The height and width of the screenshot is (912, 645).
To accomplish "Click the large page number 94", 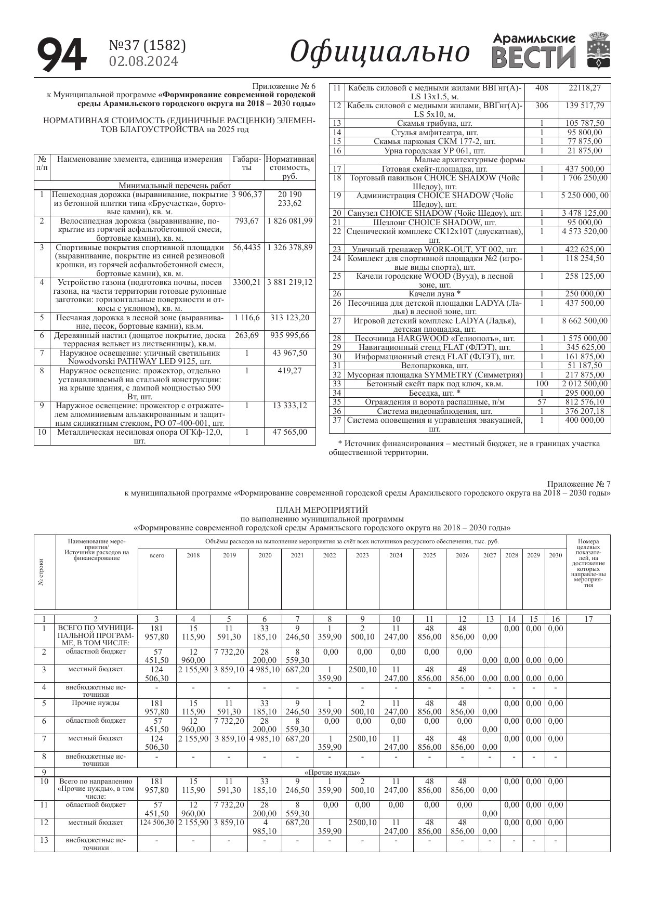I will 62,55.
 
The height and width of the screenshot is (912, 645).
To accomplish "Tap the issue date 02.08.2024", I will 143,62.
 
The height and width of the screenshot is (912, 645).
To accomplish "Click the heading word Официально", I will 379,52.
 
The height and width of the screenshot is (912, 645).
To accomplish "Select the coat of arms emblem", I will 597,50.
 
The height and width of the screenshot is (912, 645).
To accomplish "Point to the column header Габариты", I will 247,164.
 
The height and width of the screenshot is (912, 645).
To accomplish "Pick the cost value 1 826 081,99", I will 290,220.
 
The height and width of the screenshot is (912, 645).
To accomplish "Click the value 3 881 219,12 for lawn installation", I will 290,282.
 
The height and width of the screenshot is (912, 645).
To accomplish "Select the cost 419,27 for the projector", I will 290,371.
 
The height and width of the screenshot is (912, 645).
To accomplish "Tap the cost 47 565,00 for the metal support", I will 290,432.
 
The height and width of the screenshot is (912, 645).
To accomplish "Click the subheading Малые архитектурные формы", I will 470,160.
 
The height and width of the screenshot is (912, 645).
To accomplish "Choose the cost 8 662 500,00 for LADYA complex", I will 585,321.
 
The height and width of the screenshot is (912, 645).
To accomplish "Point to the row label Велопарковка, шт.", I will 435,366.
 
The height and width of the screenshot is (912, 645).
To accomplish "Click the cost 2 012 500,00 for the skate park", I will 585,384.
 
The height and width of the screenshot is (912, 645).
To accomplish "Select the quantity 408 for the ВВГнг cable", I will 542,88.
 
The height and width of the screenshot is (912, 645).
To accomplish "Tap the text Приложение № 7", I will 578,484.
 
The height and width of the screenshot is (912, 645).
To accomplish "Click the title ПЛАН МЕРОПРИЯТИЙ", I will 322,510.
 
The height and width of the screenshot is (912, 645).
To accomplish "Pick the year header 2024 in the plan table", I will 396,555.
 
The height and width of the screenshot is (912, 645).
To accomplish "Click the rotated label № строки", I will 41,572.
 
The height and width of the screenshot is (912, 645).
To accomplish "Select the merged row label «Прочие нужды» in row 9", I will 332,772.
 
